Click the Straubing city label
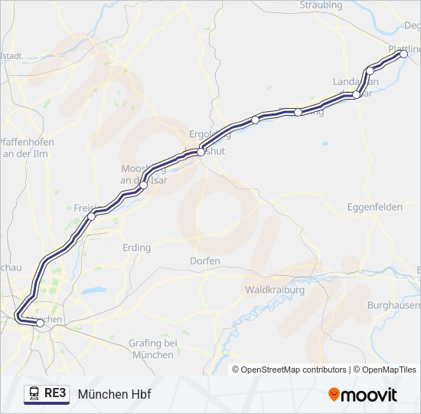tap(321, 5)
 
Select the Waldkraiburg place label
tap(275, 291)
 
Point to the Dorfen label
tap(205, 261)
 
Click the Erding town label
tap(136, 248)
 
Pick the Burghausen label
tap(393, 304)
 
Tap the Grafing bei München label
tap(153, 349)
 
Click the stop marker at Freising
tap(92, 216)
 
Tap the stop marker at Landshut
tap(201, 152)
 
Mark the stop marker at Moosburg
tap(143, 185)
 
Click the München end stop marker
tap(40, 323)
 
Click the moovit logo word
tap(369, 394)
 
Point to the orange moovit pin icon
tap(334, 394)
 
